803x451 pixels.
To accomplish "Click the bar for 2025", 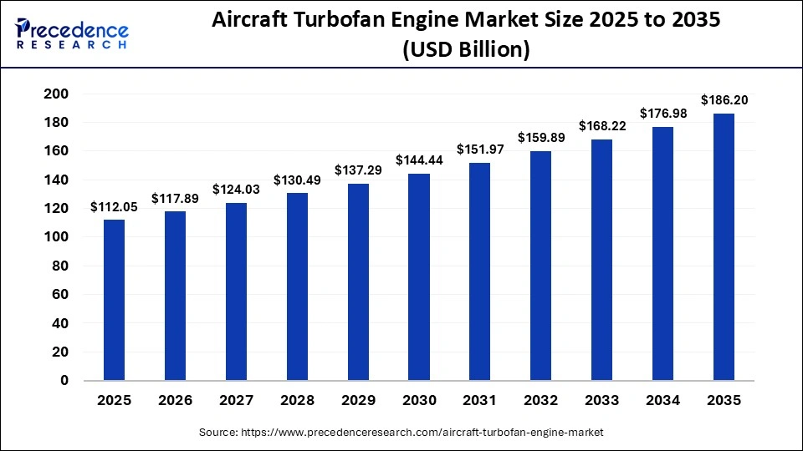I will point(114,300).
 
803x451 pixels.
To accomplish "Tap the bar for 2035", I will point(724,247).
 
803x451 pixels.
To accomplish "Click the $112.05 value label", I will point(114,207).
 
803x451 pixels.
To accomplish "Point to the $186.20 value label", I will point(724,100).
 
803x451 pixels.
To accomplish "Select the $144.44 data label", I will point(419,160).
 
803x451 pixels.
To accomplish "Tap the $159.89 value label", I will point(541,138).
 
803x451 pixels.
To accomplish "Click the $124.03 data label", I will point(236,190).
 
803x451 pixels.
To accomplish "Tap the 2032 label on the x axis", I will point(541,401).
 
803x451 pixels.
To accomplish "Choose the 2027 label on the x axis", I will point(236,401).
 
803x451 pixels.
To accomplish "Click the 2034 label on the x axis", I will point(663,401).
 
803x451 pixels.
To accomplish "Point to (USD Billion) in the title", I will point(466,50).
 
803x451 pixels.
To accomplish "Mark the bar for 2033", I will point(602,260).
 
